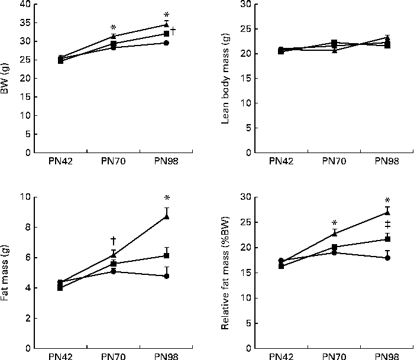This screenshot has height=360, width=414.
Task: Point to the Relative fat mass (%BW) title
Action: [225, 271]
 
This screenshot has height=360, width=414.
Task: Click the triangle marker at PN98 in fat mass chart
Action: [167, 217]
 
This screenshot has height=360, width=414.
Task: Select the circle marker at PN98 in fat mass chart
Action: [167, 276]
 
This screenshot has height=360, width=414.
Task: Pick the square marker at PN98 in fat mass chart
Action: [167, 255]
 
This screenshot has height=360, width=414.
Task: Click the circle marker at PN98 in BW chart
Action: [167, 43]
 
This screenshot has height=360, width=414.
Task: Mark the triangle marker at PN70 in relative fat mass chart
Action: [334, 233]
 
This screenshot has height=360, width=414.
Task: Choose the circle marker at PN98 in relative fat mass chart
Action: [387, 258]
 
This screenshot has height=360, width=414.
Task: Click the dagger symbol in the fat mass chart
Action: [113, 241]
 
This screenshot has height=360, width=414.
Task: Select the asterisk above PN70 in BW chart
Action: [113, 28]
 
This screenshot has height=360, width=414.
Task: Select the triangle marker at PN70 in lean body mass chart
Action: [334, 51]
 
